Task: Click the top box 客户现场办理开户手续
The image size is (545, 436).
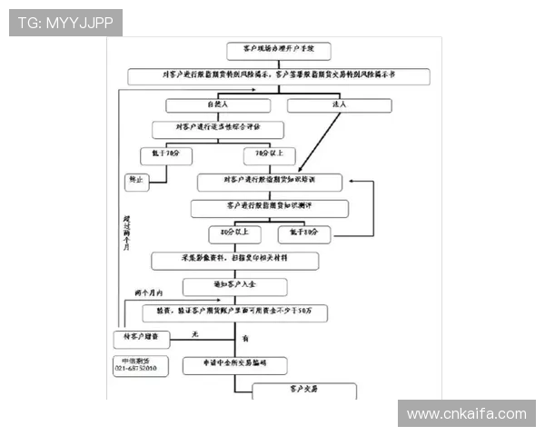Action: [x=272, y=50]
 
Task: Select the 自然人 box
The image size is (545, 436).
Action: [x=218, y=105]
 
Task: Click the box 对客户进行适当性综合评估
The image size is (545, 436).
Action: [x=217, y=129]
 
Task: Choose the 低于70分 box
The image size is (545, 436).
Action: [x=166, y=154]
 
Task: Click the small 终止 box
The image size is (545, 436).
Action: [x=136, y=182]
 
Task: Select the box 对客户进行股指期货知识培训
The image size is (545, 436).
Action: [x=270, y=182]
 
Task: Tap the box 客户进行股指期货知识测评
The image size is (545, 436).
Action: [x=270, y=208]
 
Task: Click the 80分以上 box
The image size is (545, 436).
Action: [x=233, y=233]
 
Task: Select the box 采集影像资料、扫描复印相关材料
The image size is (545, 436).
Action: [x=235, y=260]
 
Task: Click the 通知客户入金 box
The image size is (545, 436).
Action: [x=235, y=286]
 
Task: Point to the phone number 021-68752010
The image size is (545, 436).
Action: [x=135, y=368]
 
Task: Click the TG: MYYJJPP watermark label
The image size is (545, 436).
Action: [x=65, y=22]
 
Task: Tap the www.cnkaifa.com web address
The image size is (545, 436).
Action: [x=466, y=414]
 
